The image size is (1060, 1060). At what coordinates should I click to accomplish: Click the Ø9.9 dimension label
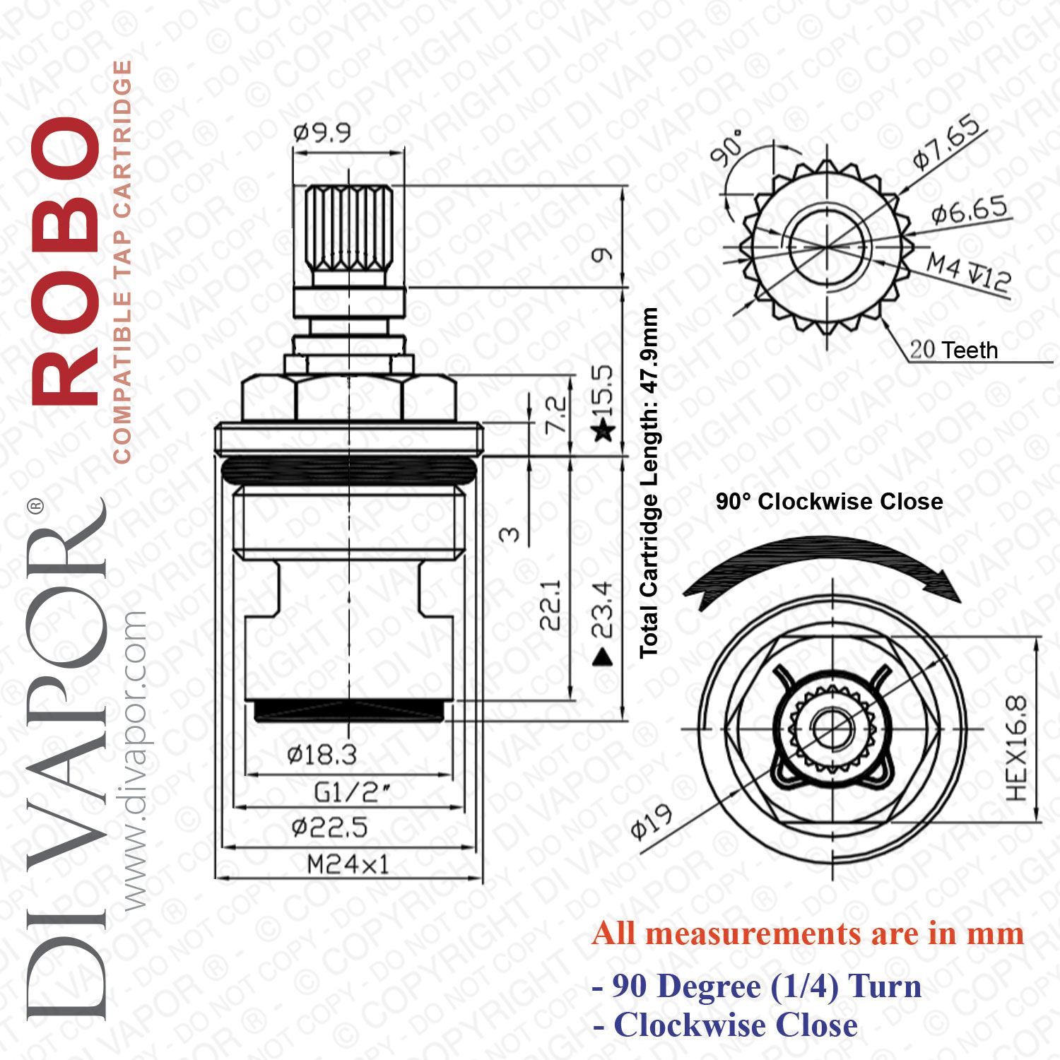click(322, 132)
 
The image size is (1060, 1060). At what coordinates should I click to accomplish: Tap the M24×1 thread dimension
click(348, 864)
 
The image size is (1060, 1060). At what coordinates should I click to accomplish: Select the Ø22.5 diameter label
click(329, 827)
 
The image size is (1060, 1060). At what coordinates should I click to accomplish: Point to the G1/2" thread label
click(351, 792)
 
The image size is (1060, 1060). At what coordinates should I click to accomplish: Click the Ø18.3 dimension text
click(322, 755)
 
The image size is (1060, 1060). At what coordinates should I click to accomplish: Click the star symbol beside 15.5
click(603, 429)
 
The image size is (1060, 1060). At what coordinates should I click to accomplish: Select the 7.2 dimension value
click(555, 416)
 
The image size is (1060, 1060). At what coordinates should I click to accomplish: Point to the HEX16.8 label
click(1016, 748)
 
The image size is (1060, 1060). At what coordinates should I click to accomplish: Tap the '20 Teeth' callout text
click(954, 350)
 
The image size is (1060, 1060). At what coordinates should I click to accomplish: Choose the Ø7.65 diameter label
click(947, 141)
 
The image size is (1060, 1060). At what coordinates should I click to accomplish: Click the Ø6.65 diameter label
click(969, 210)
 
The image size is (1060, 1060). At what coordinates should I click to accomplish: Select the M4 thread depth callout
click(969, 272)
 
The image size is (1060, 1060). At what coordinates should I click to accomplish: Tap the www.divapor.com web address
click(134, 760)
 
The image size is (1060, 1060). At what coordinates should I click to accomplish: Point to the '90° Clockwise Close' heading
click(830, 501)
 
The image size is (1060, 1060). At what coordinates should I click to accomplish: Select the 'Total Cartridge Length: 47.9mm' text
click(649, 483)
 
